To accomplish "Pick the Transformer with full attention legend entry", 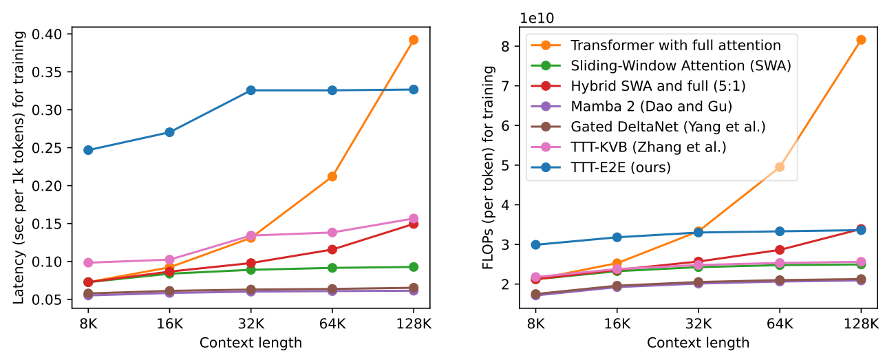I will [x=675, y=45].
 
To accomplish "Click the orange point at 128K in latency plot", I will [x=414, y=40].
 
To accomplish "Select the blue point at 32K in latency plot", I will [x=251, y=90].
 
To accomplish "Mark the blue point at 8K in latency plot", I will [x=88, y=150].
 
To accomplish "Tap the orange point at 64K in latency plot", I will [x=332, y=177].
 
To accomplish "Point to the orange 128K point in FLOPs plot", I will [x=861, y=40].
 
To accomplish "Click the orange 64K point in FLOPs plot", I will [x=780, y=167].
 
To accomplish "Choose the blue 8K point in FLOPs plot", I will [x=536, y=244].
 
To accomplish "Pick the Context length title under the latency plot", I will [x=250, y=342].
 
